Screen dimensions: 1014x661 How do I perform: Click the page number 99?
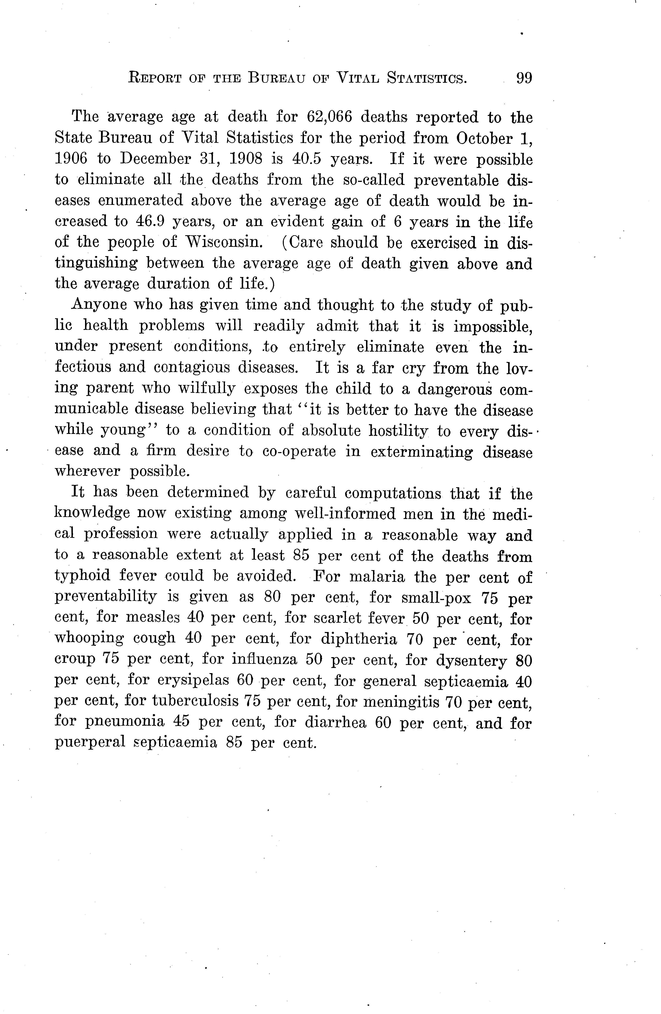(524, 78)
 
